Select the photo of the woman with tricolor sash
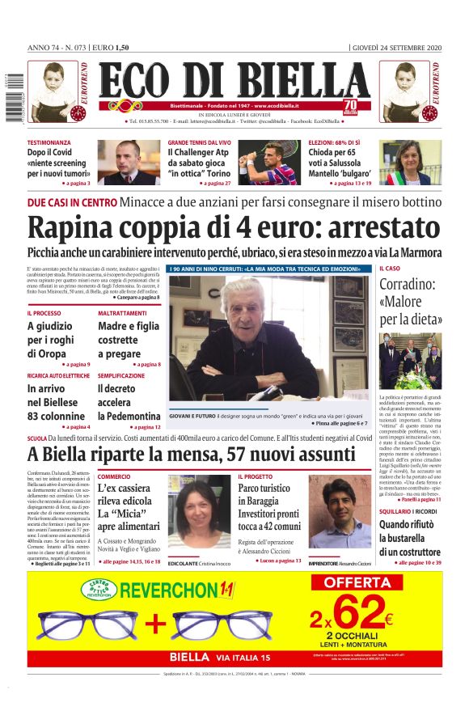(405, 163)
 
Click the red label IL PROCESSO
(44, 313)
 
